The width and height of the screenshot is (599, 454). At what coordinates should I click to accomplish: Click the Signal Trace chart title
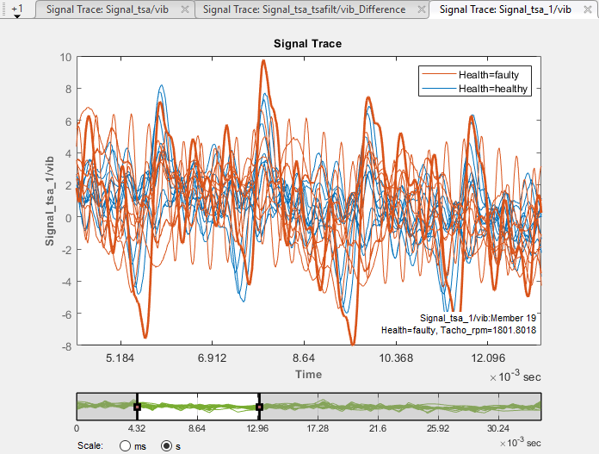[308, 43]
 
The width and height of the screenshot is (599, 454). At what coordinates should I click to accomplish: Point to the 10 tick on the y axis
[65, 57]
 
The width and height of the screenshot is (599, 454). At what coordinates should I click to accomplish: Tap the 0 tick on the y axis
[67, 218]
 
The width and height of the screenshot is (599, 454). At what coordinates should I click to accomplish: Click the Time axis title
[308, 375]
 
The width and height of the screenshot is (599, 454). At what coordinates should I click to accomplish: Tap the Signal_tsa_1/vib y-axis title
[51, 202]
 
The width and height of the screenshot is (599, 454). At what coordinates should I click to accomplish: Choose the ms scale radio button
[126, 446]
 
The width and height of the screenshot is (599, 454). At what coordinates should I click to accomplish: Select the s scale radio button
[166, 446]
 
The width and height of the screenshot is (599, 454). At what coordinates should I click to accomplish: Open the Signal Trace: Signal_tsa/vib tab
[112, 9]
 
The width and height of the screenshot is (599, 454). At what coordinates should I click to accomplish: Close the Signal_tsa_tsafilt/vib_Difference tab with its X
[421, 9]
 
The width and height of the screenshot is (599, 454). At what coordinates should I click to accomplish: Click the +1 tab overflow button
[16, 9]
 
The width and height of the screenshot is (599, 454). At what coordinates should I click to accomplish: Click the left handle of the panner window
[137, 406]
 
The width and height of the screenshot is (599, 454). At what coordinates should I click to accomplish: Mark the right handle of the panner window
[259, 406]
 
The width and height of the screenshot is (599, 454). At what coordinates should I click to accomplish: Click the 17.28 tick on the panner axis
[320, 428]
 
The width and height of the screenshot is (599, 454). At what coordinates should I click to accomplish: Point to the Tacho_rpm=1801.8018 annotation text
[460, 330]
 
